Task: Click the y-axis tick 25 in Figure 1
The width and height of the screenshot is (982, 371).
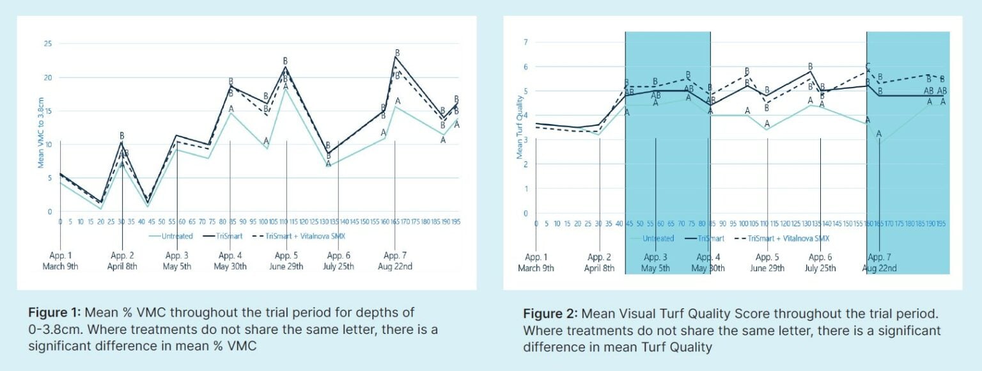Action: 47,44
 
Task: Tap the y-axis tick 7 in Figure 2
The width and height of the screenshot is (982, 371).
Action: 526,42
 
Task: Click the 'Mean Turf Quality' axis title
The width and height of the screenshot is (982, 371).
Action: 520,128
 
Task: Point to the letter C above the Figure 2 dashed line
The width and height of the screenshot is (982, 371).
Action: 868,67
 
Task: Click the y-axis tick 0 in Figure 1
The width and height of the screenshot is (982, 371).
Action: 50,212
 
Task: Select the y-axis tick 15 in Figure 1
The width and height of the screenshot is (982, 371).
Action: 47,111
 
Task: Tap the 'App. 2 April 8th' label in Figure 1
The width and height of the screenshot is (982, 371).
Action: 121,261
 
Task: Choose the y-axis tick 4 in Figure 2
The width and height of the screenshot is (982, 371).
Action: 526,115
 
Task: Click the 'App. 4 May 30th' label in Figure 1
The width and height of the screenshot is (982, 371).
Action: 230,261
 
